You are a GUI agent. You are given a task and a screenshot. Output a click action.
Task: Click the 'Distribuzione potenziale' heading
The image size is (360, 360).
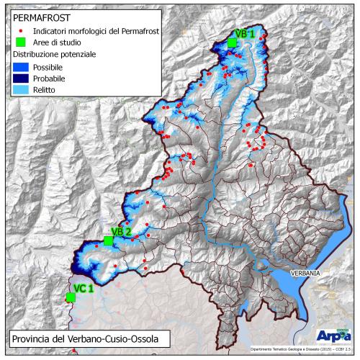coord(58,54)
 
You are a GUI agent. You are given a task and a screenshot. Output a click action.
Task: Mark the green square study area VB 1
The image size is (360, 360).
coord(232,43)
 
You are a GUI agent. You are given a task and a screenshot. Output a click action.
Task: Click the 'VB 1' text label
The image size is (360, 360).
coord(246,34)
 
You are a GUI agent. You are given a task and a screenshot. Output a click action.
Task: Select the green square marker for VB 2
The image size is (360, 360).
coord(108,240)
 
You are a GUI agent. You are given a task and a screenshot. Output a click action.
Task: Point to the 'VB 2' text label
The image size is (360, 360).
coord(121,231)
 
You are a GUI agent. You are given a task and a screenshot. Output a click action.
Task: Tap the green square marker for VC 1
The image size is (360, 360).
coord(71,297)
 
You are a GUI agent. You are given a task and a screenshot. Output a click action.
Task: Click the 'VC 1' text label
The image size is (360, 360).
coord(84,288)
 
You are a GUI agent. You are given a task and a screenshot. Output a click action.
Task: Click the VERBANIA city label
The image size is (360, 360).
coord(307,274)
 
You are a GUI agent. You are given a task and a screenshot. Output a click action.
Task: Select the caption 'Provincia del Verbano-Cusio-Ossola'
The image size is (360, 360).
coord(81,338)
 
